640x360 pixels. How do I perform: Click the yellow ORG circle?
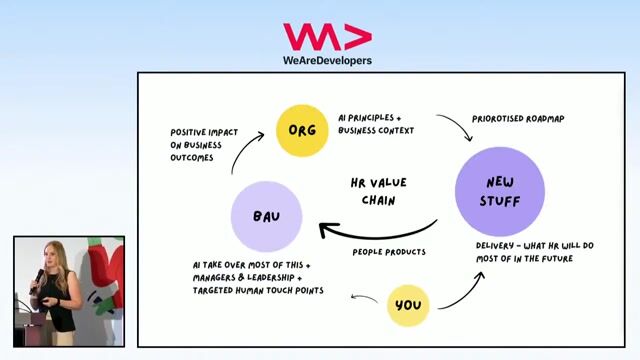(x=302, y=130)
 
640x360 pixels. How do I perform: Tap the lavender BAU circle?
(x=265, y=216)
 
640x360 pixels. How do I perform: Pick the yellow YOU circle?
(x=407, y=305)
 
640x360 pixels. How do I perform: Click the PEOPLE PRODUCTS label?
(x=389, y=252)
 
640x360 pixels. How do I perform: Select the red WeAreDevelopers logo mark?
(x=327, y=37)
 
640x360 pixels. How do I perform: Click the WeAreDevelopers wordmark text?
(x=327, y=60)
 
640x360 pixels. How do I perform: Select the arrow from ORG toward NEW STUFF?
(x=456, y=127)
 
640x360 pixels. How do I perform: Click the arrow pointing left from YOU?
(x=364, y=296)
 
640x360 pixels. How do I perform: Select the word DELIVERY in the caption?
(x=497, y=246)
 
